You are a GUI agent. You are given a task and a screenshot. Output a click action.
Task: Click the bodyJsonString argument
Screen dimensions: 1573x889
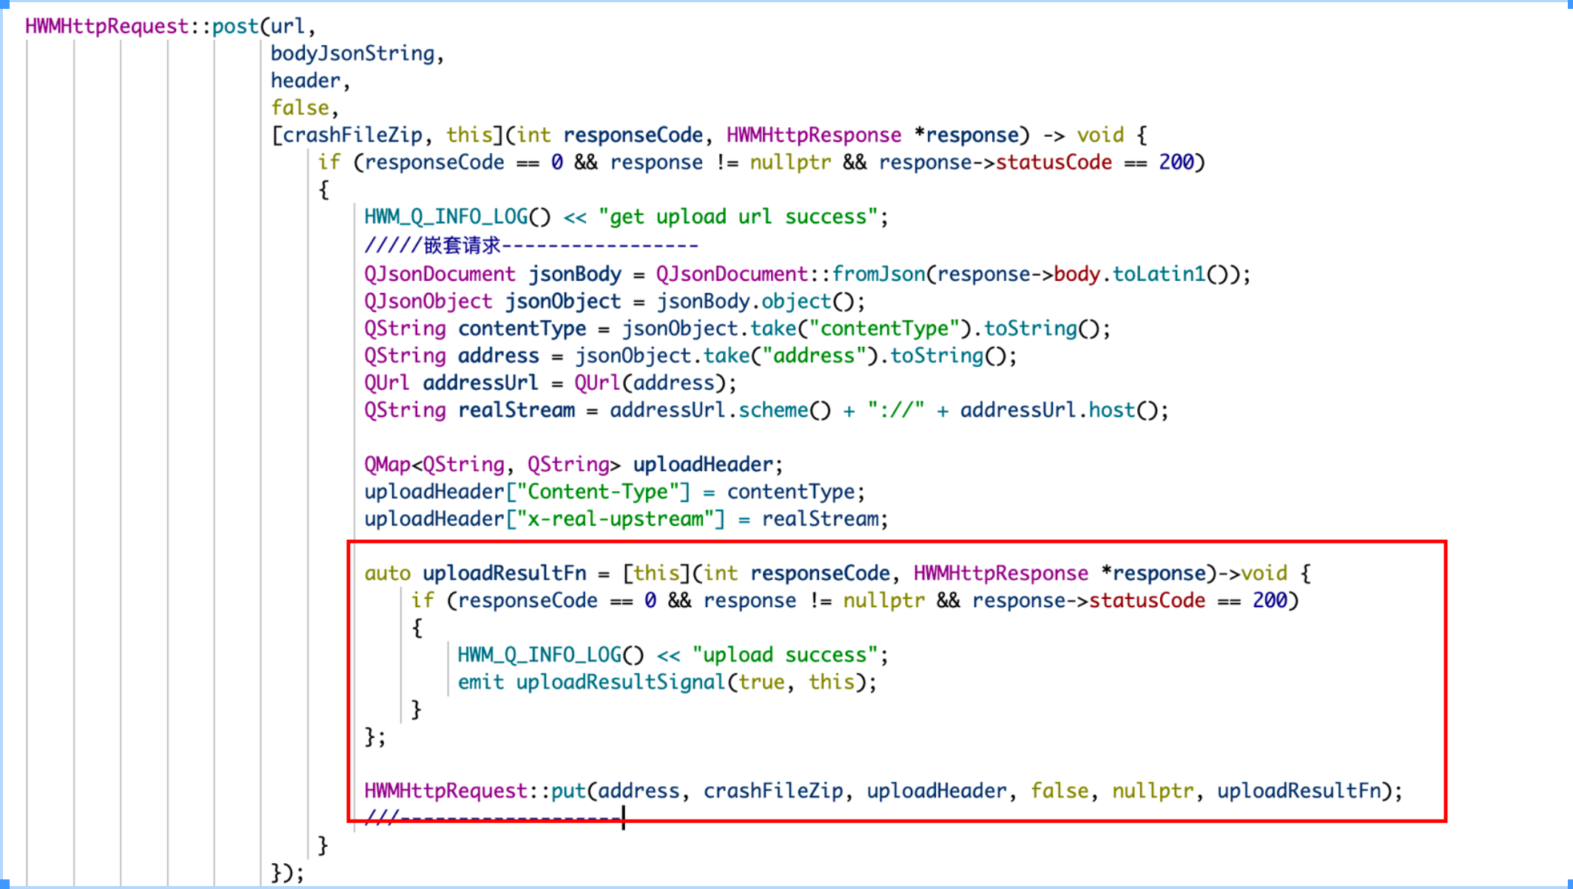(352, 54)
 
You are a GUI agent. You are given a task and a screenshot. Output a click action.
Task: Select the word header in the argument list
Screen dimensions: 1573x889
(306, 81)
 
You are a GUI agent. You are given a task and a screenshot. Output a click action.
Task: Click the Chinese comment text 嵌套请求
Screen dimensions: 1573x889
(462, 245)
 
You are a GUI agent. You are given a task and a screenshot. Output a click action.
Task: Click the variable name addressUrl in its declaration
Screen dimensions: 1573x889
(480, 383)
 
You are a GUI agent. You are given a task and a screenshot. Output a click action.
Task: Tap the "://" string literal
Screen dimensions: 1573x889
(896, 410)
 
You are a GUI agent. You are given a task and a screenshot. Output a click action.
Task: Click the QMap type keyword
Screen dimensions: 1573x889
(387, 464)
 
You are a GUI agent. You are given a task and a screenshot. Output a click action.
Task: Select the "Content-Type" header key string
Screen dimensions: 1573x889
(598, 492)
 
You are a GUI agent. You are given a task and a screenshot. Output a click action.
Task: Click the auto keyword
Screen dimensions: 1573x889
(387, 573)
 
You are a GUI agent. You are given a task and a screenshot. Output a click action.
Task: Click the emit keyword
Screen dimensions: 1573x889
(480, 682)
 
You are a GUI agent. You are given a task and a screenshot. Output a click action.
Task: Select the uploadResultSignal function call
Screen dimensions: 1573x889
(620, 682)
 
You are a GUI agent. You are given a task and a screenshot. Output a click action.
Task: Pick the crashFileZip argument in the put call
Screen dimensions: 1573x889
(772, 791)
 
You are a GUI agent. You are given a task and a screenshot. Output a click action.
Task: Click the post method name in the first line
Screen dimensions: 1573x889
(235, 27)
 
